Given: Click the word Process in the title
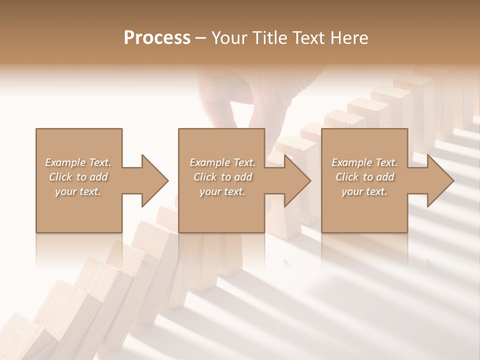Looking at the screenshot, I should point(157,38).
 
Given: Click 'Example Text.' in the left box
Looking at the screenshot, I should point(78,162).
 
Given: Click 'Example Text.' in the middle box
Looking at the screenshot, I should point(222,162).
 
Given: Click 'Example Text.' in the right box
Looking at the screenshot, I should point(364,162).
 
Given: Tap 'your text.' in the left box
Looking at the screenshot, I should point(78,191).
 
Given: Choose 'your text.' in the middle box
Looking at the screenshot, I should point(222,191).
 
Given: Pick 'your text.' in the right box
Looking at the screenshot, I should point(364,191).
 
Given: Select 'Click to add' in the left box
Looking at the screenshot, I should point(78,177).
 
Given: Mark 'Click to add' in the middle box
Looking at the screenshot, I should point(222,177).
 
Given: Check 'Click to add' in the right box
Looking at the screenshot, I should point(364,177).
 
